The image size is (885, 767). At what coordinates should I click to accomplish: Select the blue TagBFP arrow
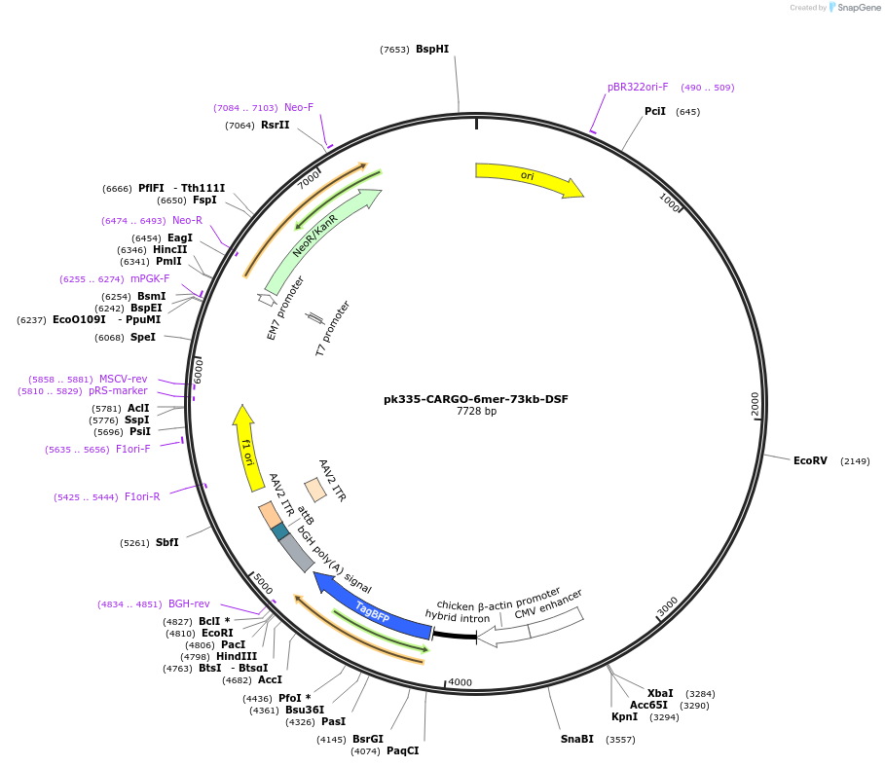370,610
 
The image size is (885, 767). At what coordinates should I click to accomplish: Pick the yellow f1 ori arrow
247,449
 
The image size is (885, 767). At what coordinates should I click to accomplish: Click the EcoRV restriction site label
810,460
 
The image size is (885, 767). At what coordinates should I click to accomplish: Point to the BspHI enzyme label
432,49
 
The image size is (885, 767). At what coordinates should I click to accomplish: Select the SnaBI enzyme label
577,740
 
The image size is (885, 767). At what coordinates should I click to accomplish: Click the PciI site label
655,112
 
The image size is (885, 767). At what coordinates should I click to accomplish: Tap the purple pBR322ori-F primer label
638,87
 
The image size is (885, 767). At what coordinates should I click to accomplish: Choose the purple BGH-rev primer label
189,604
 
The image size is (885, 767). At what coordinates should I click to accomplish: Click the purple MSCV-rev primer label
123,379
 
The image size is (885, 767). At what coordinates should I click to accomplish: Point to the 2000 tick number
755,403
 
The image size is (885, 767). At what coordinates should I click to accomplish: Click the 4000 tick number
460,682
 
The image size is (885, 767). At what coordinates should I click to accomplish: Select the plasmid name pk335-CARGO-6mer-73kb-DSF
476,399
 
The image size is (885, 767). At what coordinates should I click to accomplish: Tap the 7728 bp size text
476,412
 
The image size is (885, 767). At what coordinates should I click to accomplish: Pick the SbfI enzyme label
167,542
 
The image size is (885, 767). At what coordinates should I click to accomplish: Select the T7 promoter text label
333,328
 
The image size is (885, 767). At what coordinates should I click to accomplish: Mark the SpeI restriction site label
143,338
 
